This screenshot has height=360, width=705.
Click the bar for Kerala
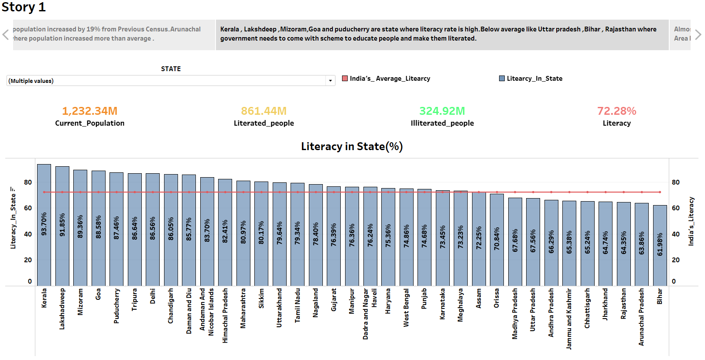point(44,225)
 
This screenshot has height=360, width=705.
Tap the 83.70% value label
point(207,230)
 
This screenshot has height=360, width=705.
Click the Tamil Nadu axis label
point(298,305)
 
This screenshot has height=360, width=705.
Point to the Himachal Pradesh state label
point(225,315)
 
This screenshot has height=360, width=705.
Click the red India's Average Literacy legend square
point(345,79)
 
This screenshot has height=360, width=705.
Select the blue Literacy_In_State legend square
point(502,79)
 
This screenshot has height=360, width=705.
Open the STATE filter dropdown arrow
point(330,81)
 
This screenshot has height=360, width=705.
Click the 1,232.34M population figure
point(89,111)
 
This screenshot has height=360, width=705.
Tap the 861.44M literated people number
point(264,111)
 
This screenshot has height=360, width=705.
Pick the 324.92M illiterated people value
point(442,111)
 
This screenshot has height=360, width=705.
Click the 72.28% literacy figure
point(616,111)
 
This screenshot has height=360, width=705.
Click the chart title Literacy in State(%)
point(352,147)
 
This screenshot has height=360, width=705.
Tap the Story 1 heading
point(24,7)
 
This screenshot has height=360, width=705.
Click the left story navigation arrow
point(6,34)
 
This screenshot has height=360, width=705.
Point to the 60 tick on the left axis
point(28,208)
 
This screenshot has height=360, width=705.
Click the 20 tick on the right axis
point(675,260)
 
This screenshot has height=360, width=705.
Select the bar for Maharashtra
point(243,233)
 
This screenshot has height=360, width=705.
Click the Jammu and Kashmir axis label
point(569,319)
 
